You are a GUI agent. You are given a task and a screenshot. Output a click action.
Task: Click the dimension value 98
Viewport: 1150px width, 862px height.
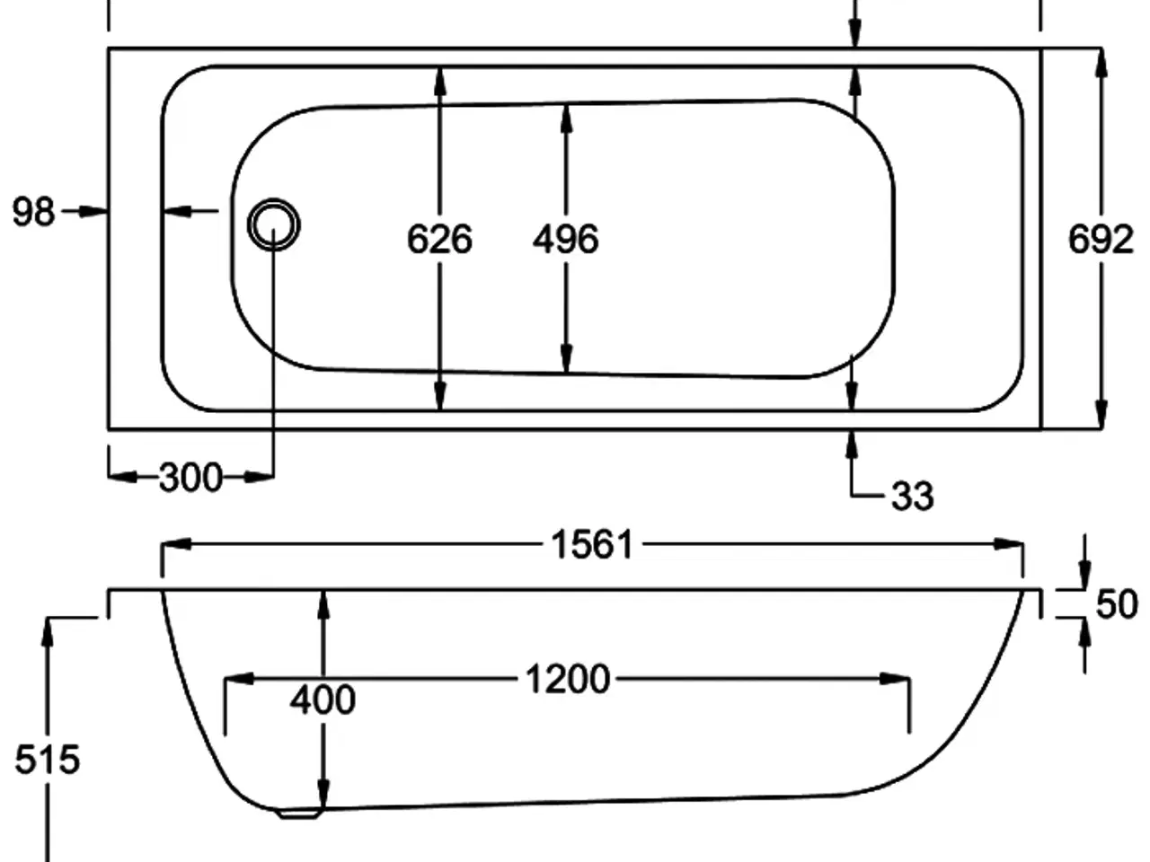pyautogui.click(x=34, y=213)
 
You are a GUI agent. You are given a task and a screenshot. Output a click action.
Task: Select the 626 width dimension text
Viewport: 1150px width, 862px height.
pyautogui.click(x=439, y=240)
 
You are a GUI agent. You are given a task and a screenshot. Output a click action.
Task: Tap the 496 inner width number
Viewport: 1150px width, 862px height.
pyautogui.click(x=565, y=240)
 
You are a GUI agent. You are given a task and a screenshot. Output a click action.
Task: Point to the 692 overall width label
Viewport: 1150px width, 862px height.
pyautogui.click(x=1101, y=240)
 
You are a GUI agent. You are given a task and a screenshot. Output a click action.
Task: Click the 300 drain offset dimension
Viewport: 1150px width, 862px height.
pyautogui.click(x=190, y=478)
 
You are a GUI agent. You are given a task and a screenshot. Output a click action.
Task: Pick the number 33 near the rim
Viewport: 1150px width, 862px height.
pyautogui.click(x=912, y=496)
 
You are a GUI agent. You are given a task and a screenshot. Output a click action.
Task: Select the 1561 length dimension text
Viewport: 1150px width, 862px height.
pyautogui.click(x=592, y=545)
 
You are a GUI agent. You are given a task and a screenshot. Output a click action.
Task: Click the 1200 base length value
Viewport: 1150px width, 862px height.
pyautogui.click(x=568, y=680)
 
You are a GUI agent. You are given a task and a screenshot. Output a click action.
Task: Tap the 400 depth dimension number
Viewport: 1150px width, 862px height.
pyautogui.click(x=323, y=699)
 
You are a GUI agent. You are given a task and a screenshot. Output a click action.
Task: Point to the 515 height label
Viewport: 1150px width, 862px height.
pyautogui.click(x=47, y=761)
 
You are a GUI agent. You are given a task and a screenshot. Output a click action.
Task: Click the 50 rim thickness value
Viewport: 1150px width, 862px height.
pyautogui.click(x=1117, y=604)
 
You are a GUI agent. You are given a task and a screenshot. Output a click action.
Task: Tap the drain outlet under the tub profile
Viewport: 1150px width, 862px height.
pyautogui.click(x=299, y=814)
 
